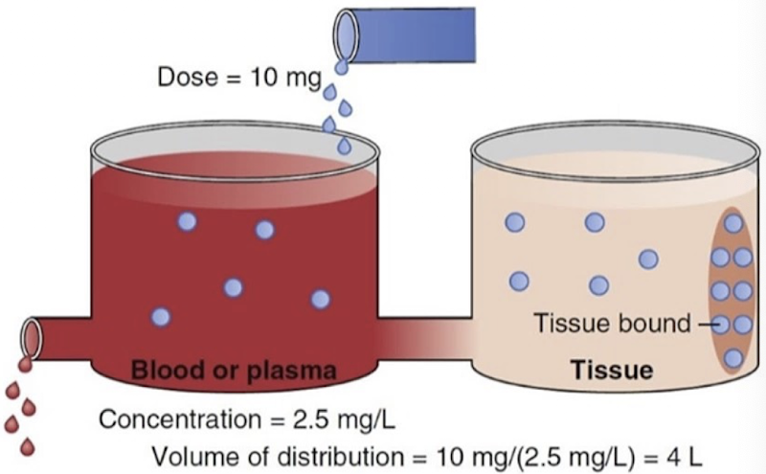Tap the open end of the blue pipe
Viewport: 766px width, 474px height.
(345, 33)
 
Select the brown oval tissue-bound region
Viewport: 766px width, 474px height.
(732, 292)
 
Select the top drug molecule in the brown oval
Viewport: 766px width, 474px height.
(733, 224)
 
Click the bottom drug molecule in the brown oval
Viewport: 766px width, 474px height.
(733, 359)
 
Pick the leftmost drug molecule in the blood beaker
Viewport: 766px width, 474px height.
(161, 316)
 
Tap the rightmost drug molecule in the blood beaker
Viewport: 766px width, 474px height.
(320, 299)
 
